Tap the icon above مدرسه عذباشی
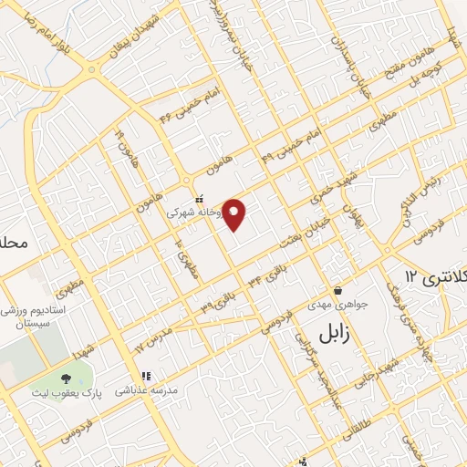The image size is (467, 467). [143, 375]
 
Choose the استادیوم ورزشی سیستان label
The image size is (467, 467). [36, 316]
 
